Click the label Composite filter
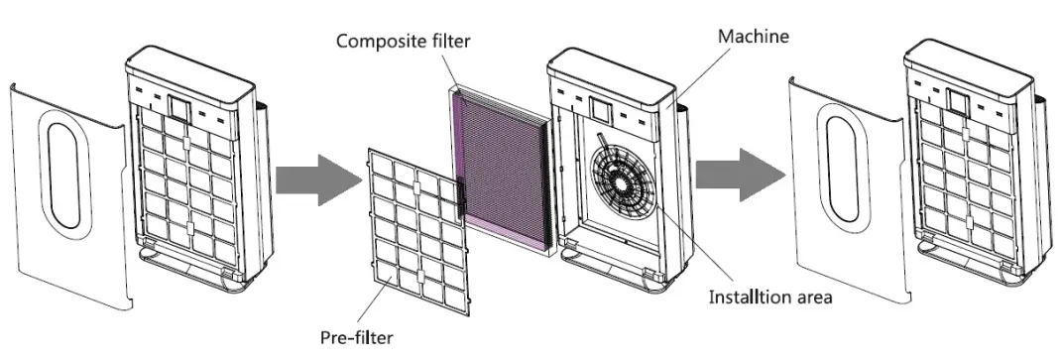click(x=403, y=41)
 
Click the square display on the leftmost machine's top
click(x=178, y=103)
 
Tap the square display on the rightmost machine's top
click(x=957, y=101)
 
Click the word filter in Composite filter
click(x=448, y=41)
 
